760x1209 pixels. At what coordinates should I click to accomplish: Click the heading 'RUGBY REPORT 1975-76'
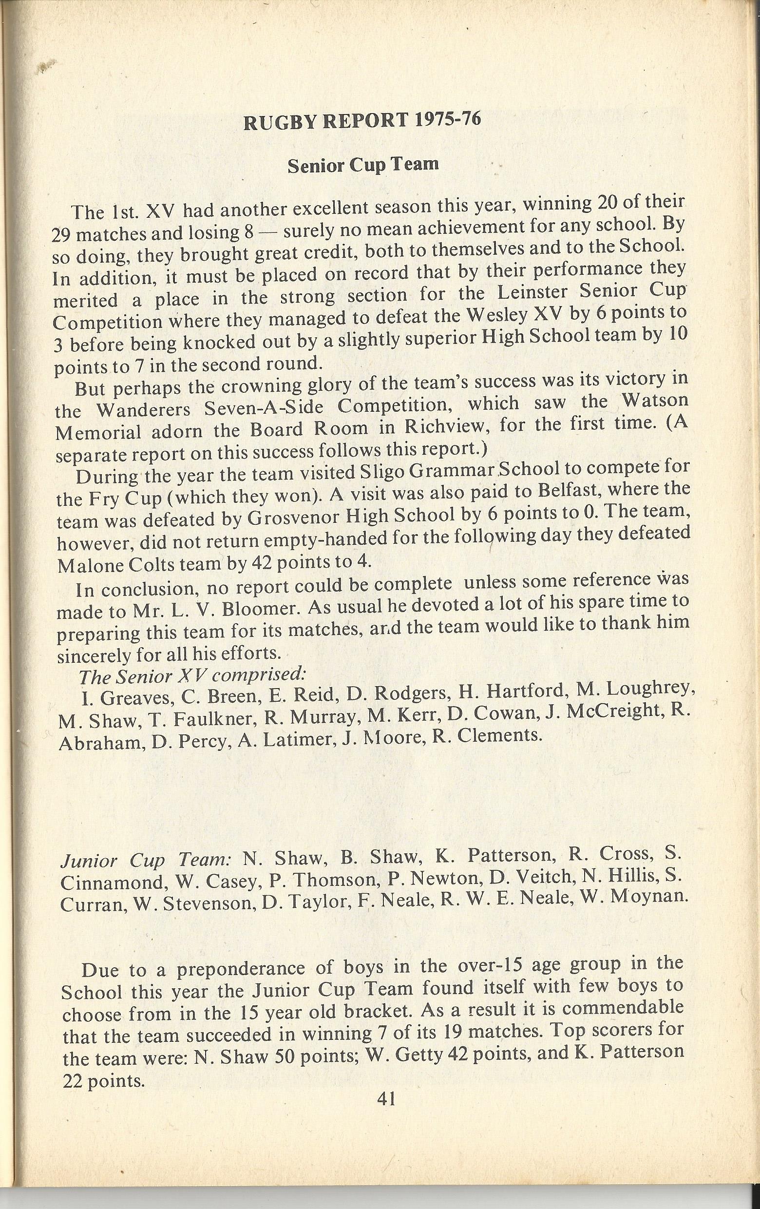click(x=362, y=122)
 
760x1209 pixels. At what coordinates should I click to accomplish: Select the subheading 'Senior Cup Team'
click(x=363, y=166)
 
